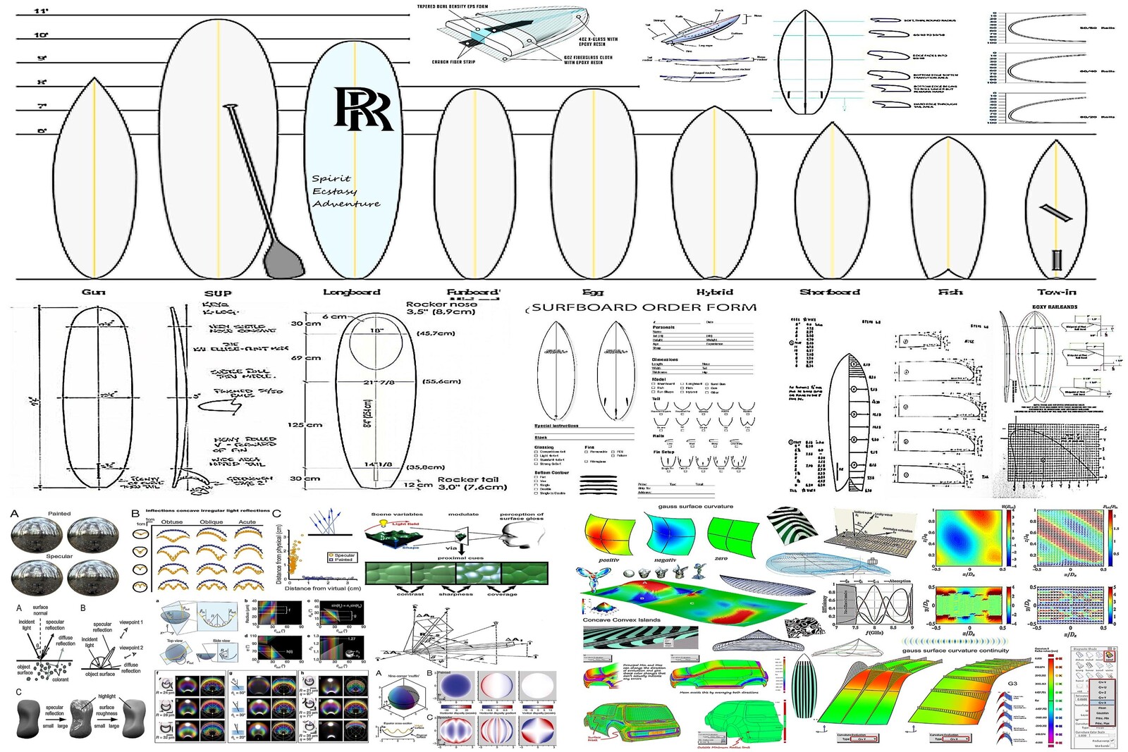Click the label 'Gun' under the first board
[93, 292]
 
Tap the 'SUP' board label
[218, 293]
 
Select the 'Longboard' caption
[352, 292]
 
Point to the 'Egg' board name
[593, 292]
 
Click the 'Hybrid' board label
[715, 292]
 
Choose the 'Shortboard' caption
[830, 292]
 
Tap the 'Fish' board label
[950, 292]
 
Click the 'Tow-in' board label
[1057, 292]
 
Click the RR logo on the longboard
[362, 109]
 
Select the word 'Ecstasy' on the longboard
[335, 191]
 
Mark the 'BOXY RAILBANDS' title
[1055, 307]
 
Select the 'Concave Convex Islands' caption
[621, 620]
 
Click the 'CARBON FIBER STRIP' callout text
[453, 62]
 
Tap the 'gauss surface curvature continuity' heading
[955, 651]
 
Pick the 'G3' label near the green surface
[1012, 684]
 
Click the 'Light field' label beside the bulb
[405, 524]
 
